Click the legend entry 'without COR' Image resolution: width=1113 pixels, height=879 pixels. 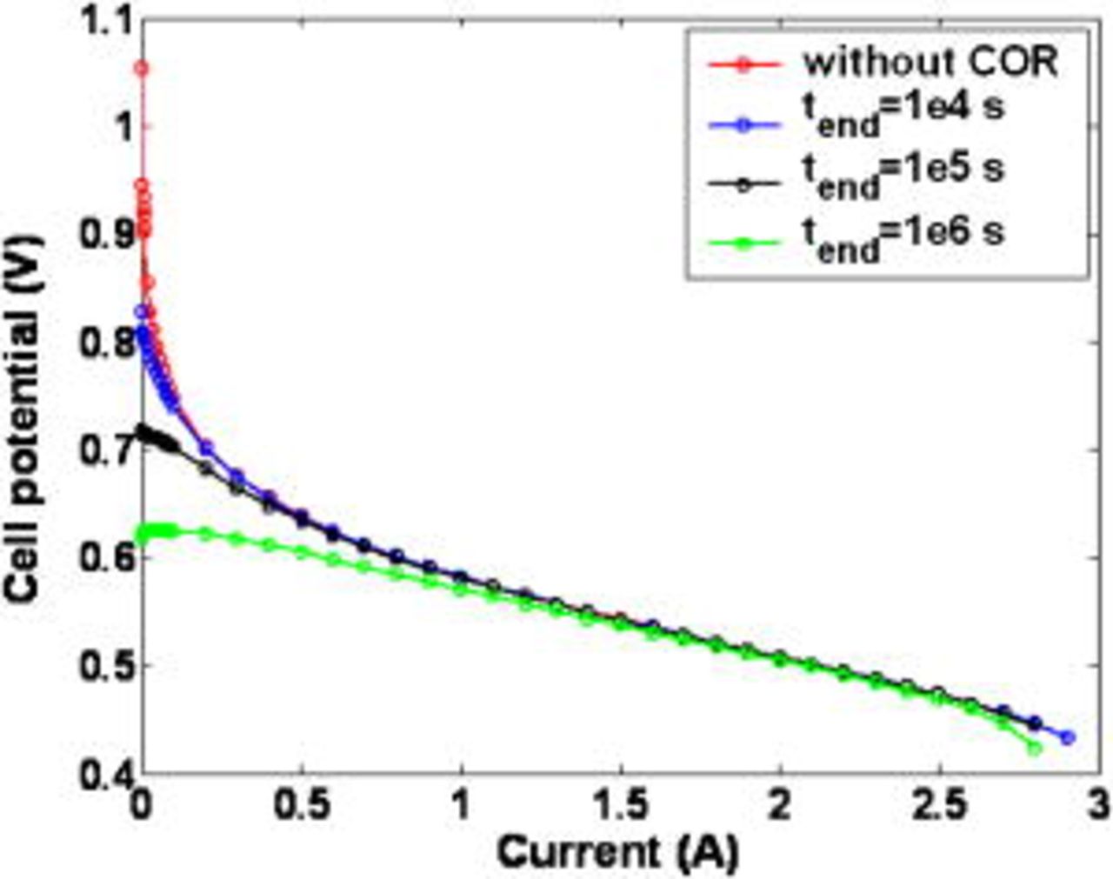[930, 62]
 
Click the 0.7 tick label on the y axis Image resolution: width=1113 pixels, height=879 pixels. [103, 450]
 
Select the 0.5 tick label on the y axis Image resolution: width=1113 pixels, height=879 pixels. [103, 666]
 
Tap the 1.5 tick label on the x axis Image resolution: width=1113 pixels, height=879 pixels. [620, 806]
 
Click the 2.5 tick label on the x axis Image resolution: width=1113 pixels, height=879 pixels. [940, 806]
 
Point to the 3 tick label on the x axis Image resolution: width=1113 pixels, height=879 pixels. [1098, 806]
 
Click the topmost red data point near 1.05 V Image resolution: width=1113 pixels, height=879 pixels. [141, 68]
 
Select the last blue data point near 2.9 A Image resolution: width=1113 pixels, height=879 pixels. [1068, 737]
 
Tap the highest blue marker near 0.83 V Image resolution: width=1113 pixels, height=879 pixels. [142, 311]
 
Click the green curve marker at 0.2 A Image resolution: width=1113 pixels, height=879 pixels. [206, 534]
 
